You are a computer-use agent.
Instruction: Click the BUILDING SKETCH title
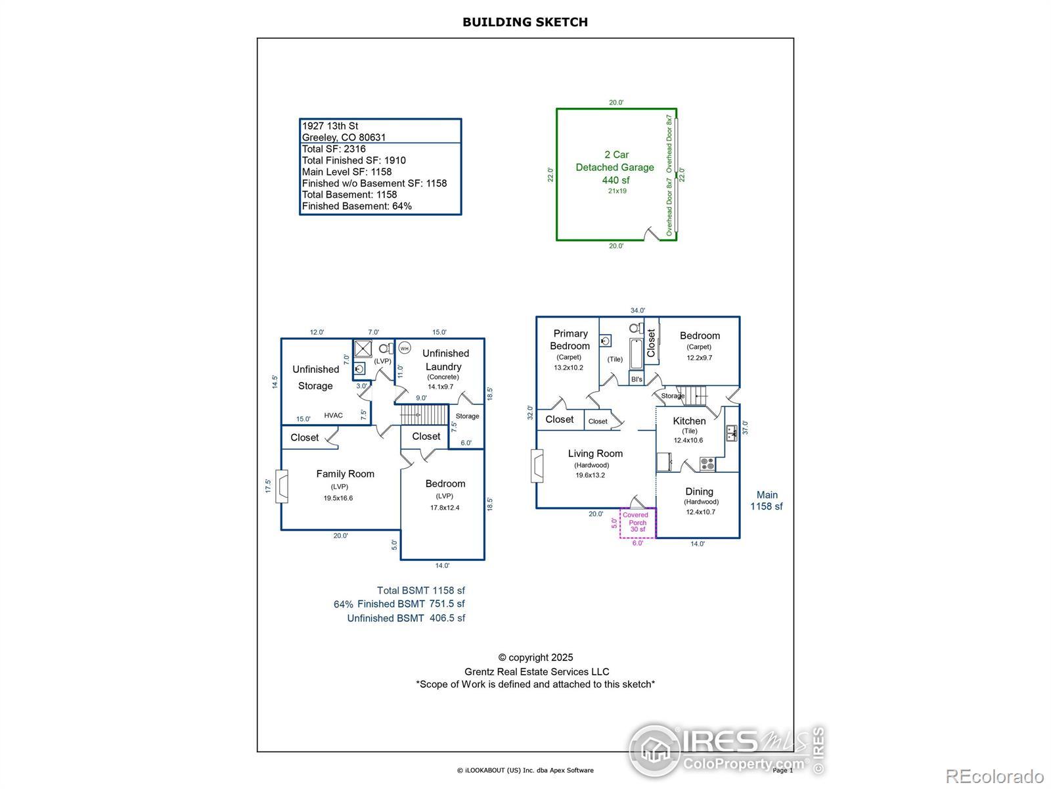pos(525,22)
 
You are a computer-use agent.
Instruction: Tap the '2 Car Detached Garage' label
pos(615,161)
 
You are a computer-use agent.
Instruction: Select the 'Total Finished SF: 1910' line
pos(354,160)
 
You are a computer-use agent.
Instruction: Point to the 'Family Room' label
pos(345,473)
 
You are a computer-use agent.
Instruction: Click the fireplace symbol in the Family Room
pos(282,486)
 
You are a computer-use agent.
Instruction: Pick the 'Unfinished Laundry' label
pos(445,360)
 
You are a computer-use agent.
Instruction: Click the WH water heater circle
pos(405,348)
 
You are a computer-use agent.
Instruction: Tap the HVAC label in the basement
pos(333,416)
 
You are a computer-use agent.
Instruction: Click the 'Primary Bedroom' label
pos(570,339)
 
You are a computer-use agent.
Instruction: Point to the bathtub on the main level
pos(637,354)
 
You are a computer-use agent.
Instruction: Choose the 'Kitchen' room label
pos(689,421)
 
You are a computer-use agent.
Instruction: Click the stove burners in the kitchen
pos(707,464)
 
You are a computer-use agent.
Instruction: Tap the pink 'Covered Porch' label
pos(637,522)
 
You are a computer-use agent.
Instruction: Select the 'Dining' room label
pos(699,491)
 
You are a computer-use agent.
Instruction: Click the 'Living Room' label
pos(595,453)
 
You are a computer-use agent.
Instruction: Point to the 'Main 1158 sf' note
pos(767,500)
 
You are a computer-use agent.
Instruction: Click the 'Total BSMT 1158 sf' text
pos(420,590)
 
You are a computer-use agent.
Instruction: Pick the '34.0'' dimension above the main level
pos(637,310)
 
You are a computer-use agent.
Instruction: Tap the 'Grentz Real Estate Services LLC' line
pos(537,671)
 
